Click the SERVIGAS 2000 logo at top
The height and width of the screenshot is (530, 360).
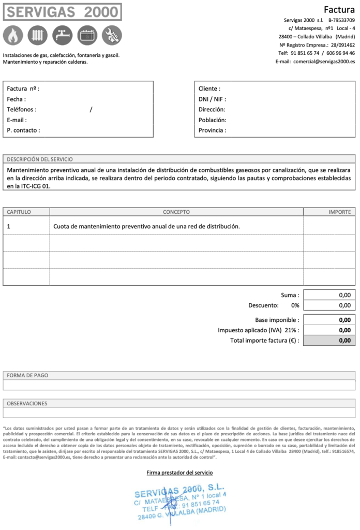(x=62, y=12)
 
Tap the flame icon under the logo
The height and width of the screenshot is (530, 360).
(x=13, y=35)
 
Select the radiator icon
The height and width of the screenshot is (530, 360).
(x=38, y=35)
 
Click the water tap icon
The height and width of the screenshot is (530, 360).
(x=63, y=35)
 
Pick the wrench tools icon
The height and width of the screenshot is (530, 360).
(x=112, y=35)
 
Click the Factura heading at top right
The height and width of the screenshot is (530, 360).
(x=339, y=10)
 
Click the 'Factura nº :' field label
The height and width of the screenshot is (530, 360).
(x=23, y=89)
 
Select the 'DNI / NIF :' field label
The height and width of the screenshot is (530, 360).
(x=212, y=99)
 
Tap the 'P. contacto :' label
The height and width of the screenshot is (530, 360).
(x=23, y=130)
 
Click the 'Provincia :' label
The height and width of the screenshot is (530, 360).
(x=212, y=130)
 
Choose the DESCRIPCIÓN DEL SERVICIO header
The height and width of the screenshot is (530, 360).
(x=40, y=159)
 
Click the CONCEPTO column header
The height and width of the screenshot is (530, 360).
(x=176, y=212)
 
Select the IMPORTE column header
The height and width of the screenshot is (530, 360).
(x=340, y=212)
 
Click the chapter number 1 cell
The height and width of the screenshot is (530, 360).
(x=9, y=226)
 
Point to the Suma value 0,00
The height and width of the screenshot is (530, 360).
(x=344, y=295)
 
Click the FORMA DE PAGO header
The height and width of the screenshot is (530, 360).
(x=27, y=375)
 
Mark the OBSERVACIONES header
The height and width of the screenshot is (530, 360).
(x=27, y=403)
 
